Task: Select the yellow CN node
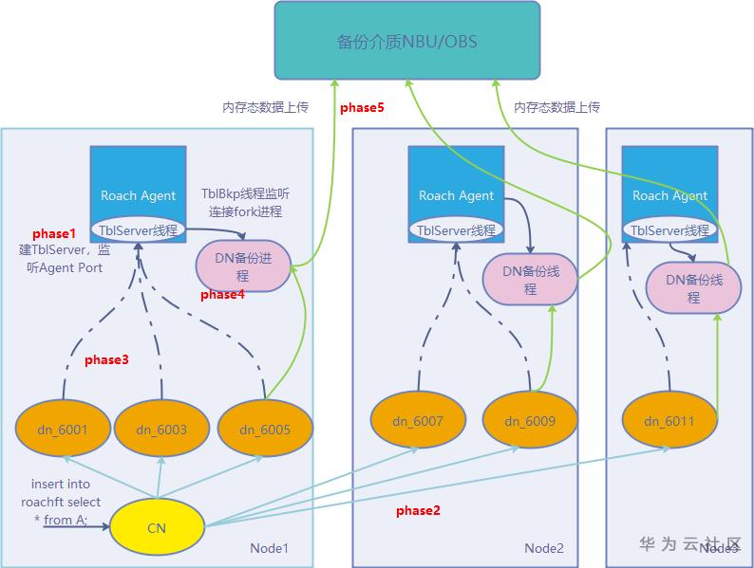click(x=157, y=527)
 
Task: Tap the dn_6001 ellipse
click(x=64, y=430)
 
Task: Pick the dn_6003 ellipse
click(x=161, y=430)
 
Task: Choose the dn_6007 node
click(x=418, y=420)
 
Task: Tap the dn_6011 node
click(x=669, y=421)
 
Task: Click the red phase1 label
click(x=54, y=233)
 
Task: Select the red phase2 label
click(x=418, y=511)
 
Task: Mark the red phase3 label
click(x=106, y=359)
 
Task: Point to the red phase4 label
click(x=222, y=295)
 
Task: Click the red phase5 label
click(x=362, y=108)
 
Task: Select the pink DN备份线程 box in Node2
click(x=530, y=280)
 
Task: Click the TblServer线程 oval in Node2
click(x=457, y=229)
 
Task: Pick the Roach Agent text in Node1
click(x=138, y=195)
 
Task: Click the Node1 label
click(x=269, y=548)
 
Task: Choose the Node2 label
click(x=544, y=548)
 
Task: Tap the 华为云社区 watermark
click(x=688, y=543)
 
